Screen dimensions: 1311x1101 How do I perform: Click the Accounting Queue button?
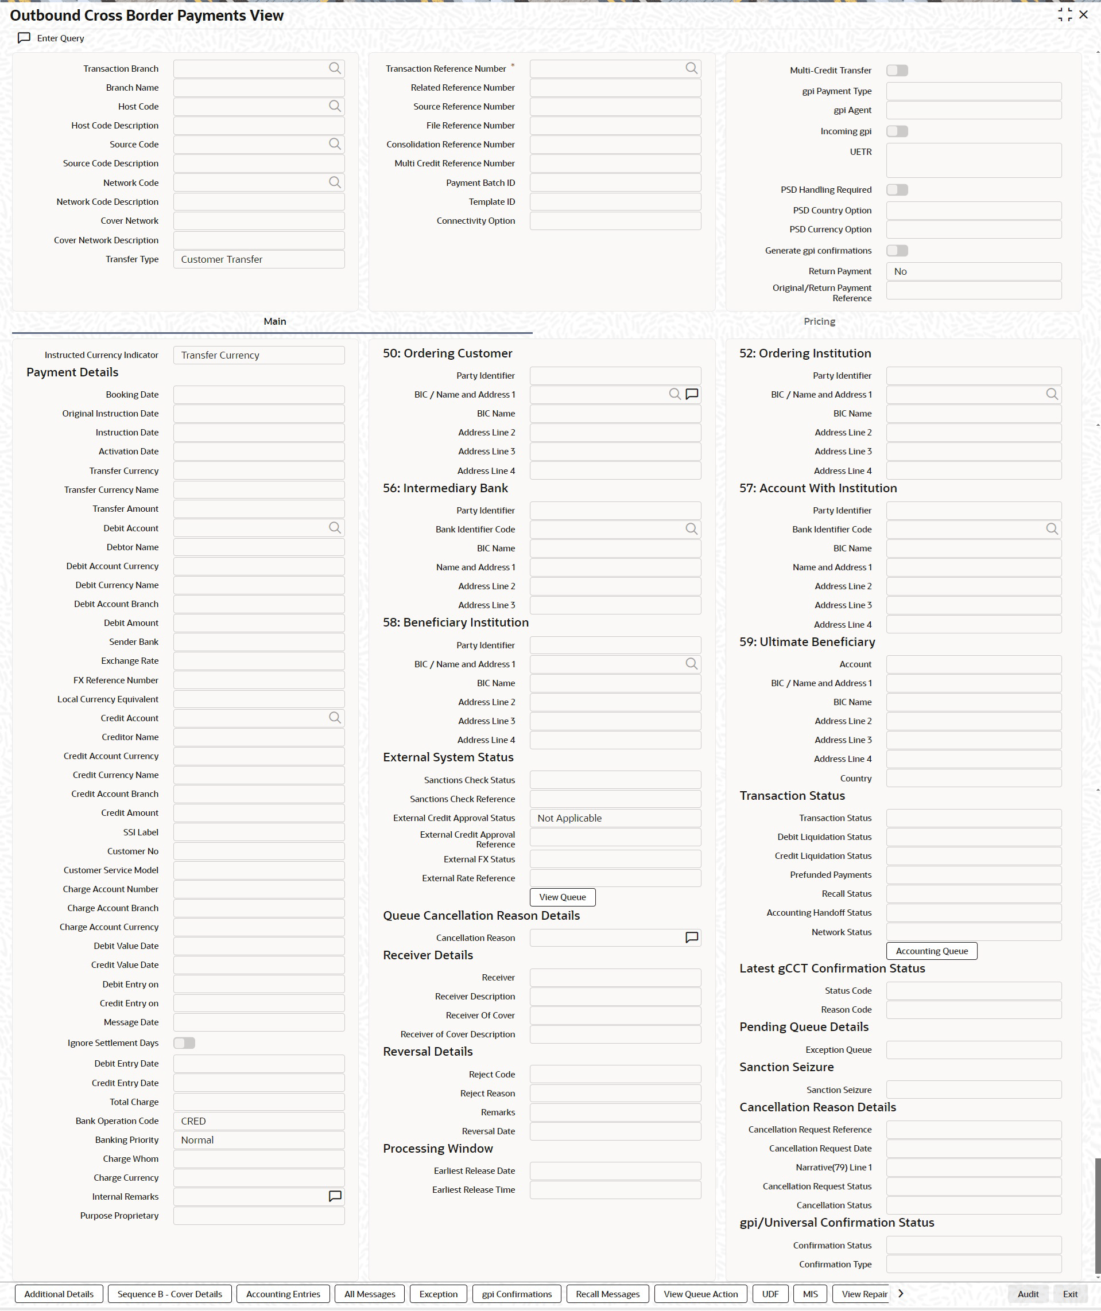tap(931, 951)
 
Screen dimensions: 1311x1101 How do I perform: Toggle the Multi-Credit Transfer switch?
tap(897, 71)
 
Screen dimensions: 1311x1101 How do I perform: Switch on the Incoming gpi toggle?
tap(897, 131)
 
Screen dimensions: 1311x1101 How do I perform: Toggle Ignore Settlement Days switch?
tap(184, 1042)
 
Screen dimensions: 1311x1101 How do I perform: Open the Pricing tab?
tap(819, 321)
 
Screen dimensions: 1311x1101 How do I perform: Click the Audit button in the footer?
tap(1028, 1294)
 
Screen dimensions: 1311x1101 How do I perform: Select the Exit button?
tap(1070, 1294)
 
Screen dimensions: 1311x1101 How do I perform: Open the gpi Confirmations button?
tap(517, 1294)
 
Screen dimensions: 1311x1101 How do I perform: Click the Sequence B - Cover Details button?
tap(169, 1294)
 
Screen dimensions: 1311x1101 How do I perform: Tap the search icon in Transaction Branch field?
tap(335, 68)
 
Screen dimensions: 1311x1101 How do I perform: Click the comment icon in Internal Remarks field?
tap(335, 1196)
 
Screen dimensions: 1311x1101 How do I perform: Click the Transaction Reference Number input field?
tap(606, 69)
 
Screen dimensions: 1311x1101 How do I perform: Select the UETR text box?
tap(973, 161)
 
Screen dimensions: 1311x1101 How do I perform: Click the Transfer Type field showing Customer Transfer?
tap(258, 260)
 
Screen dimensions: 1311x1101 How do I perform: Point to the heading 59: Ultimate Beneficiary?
tap(807, 642)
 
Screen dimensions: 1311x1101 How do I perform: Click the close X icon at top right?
tap(1084, 14)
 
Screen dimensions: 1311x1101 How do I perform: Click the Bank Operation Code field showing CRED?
tap(258, 1121)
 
